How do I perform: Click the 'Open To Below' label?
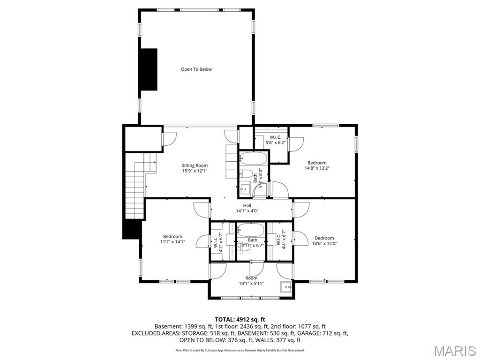[196, 69]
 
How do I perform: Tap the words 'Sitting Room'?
[195, 165]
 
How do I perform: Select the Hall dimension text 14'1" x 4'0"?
[247, 211]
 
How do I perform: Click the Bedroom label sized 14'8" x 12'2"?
[317, 165]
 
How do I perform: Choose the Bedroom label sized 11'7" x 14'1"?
[172, 239]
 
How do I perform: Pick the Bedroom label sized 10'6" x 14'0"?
[324, 240]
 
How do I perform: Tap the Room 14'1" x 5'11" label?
[251, 281]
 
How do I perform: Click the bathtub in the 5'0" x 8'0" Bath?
[253, 158]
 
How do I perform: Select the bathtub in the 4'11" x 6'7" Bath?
[250, 230]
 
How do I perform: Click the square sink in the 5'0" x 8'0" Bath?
[245, 189]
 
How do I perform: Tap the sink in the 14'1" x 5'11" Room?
[286, 286]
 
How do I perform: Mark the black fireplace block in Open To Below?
[150, 69]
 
